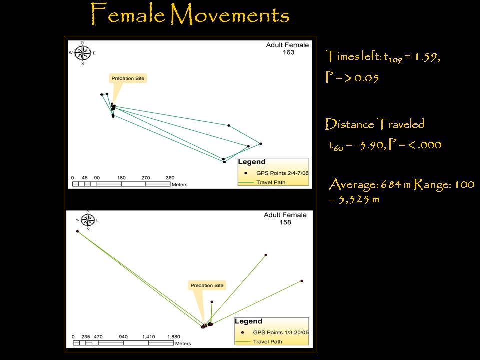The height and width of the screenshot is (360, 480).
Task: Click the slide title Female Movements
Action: [x=190, y=14]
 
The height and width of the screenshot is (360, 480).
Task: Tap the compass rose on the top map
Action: [x=82, y=53]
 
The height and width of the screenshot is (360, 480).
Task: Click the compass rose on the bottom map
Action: [x=88, y=220]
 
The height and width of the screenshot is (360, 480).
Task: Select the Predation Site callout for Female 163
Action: [x=128, y=78]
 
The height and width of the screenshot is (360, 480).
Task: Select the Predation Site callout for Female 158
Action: [x=207, y=285]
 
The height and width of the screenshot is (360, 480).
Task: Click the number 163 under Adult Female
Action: [x=288, y=52]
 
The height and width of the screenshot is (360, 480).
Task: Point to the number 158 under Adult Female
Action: [x=285, y=222]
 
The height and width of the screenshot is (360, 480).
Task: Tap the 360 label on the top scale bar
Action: [x=170, y=178]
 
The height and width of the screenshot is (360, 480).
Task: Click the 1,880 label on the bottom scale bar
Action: [x=174, y=336]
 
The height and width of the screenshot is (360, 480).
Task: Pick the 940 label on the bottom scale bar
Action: [x=123, y=336]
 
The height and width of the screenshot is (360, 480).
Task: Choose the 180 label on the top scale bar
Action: [x=121, y=178]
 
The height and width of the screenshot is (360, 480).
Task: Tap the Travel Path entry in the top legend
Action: [x=271, y=183]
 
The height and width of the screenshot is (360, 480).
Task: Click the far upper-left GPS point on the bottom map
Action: [x=78, y=231]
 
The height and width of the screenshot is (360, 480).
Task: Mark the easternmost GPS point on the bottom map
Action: [x=302, y=281]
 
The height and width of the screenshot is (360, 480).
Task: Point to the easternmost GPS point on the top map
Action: [x=261, y=144]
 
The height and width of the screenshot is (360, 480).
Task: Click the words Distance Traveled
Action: [x=375, y=124]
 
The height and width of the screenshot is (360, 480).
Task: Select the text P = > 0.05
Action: [x=352, y=77]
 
